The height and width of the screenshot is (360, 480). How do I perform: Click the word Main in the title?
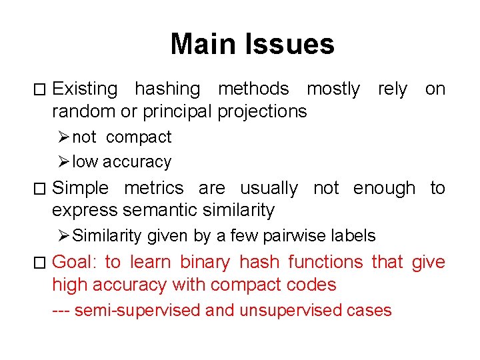204,44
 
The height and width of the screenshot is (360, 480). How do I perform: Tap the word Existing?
85,89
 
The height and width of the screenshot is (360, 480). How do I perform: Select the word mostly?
333,89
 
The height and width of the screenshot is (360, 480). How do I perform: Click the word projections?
262,111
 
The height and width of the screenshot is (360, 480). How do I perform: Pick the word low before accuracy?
83,162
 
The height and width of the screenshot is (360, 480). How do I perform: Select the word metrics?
154,189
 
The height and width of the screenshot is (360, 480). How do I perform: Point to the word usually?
269,189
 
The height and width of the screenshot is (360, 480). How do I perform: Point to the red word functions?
326,263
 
